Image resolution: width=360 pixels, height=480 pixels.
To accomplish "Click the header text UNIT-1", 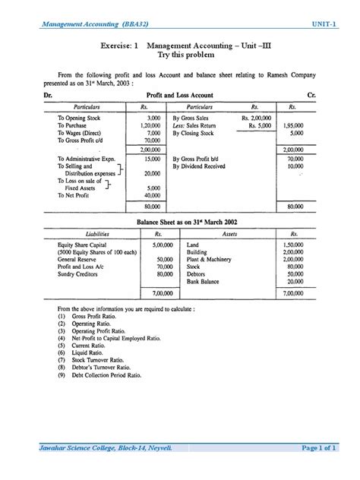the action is coord(322,25).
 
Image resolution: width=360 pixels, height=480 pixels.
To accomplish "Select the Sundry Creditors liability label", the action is coord(80,274).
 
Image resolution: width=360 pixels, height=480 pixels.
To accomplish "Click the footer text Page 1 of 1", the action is coord(318,448).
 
